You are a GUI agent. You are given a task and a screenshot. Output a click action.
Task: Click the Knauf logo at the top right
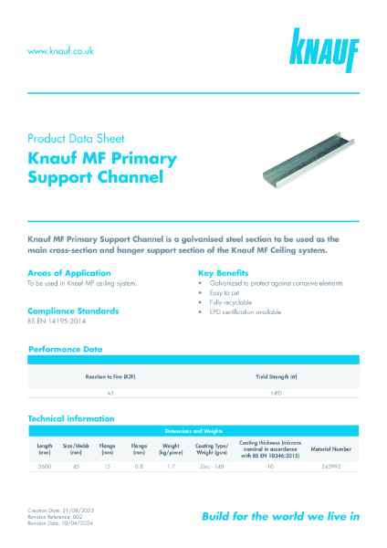[325, 49]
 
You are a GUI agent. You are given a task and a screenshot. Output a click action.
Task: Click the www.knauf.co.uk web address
[60, 51]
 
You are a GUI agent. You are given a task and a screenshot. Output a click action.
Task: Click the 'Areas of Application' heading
[69, 273]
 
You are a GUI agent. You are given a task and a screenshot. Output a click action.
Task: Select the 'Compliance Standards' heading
[74, 311]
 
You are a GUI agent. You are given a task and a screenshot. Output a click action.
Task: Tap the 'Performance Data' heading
[65, 349]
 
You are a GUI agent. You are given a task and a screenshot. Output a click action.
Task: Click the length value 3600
[44, 466]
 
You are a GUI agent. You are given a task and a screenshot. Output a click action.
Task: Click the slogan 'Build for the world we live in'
[280, 516]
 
